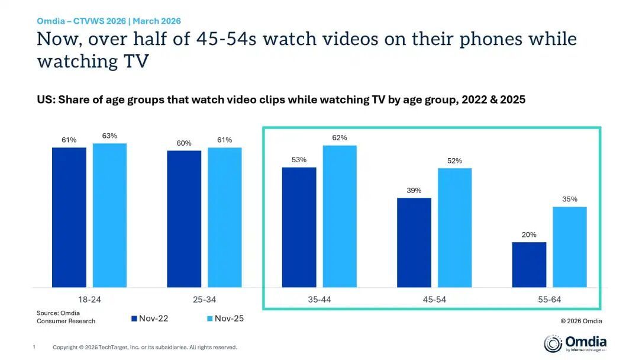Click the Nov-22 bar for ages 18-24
click(x=69, y=217)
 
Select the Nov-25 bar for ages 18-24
click(x=109, y=216)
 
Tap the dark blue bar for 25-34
click(x=184, y=219)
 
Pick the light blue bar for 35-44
click(x=340, y=217)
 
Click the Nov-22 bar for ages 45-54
click(x=414, y=243)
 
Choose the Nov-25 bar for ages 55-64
click(x=570, y=247)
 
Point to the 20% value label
click(x=529, y=235)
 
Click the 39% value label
click(x=414, y=191)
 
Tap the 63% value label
click(x=109, y=136)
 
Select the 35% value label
click(x=570, y=200)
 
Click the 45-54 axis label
click(x=434, y=300)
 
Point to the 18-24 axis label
click(x=89, y=300)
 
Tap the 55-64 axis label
click(x=549, y=300)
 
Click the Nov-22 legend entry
click(x=149, y=319)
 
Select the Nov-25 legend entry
click(x=224, y=319)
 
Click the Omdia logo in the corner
click(x=575, y=343)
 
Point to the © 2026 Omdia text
click(x=581, y=322)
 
